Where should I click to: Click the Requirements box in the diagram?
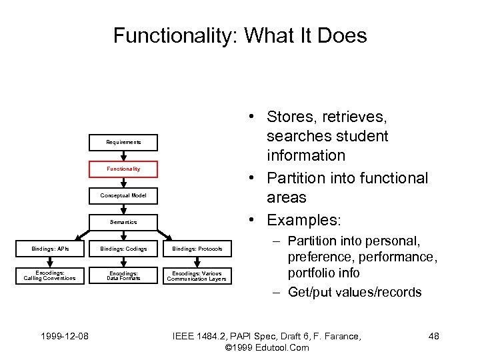pos(123,142)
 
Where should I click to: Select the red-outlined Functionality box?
pos(123,169)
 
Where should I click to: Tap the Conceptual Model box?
pos(123,195)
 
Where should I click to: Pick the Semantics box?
pos(123,222)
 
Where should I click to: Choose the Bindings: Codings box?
pos(123,249)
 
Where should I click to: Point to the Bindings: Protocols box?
pos(198,249)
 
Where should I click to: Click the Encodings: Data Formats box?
pos(123,275)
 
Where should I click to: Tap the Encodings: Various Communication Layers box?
pos(198,275)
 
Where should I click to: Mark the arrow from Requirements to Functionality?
pos(123,155)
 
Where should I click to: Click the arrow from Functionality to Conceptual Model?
pos(123,182)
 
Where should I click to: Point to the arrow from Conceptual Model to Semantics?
pos(123,209)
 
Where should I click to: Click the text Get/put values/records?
pos(355,292)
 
